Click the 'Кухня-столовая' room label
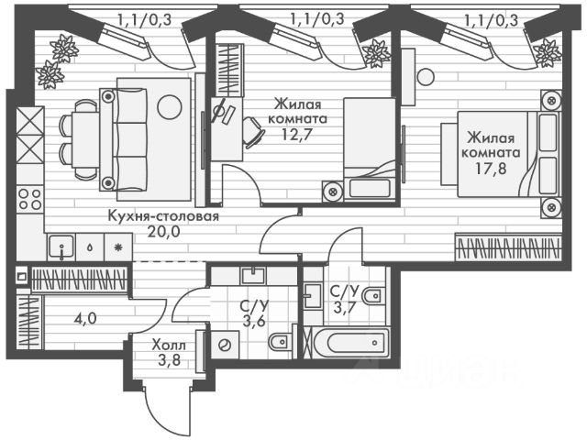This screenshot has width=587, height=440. coord(162,216)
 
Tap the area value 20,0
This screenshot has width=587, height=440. coord(162,233)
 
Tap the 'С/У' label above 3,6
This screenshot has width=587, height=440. coord(252,305)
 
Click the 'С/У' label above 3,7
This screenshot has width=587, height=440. coord(344,291)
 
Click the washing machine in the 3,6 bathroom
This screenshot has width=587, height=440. coord(225,345)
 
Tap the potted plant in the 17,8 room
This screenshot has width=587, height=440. coord(375,55)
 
